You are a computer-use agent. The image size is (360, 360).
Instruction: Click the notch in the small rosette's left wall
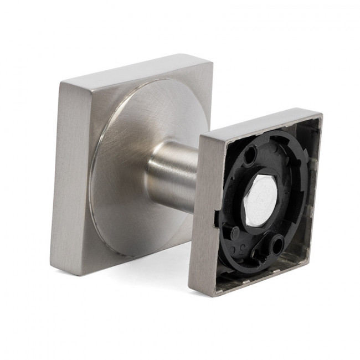coord(214,210)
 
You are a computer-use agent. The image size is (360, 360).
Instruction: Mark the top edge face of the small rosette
coord(260,123)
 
